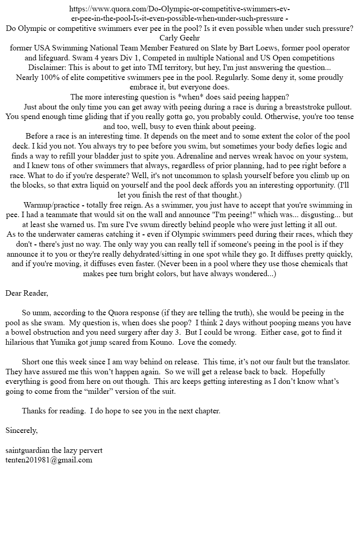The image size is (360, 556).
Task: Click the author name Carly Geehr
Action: click(180, 38)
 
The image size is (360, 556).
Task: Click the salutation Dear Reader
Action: click(27, 293)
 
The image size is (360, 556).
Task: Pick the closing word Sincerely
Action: click(21, 430)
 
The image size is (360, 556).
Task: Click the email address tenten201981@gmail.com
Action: click(49, 460)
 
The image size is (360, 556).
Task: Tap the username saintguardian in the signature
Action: click(27, 450)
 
